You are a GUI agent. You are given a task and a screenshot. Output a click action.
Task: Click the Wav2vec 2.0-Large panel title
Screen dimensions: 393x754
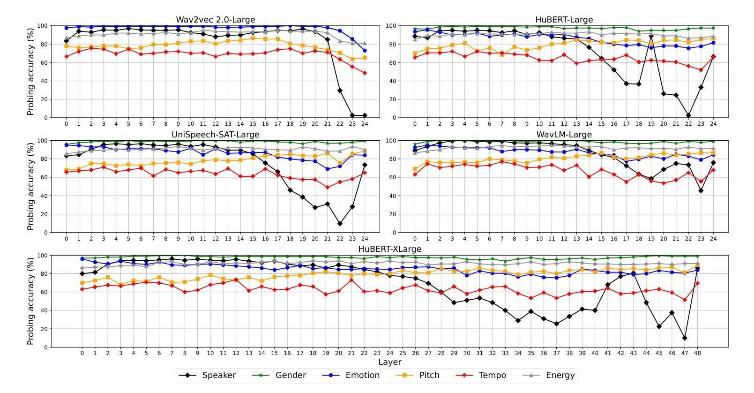[x=216, y=20]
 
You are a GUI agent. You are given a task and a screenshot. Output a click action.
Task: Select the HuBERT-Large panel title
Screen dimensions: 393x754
[x=564, y=20]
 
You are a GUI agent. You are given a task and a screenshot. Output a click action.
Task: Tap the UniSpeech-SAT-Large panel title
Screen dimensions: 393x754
[x=216, y=135]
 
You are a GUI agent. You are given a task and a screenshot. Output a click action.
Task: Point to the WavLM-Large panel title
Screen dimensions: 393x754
[x=564, y=135]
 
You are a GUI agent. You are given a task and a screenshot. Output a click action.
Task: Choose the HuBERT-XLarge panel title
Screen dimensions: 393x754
[x=390, y=249]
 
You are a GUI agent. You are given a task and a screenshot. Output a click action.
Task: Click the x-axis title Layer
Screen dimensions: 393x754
[x=390, y=362]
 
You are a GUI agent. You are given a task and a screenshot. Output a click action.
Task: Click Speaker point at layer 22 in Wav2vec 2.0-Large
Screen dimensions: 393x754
[x=340, y=91]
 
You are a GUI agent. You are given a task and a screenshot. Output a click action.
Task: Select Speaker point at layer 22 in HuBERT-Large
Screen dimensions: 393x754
[x=688, y=115]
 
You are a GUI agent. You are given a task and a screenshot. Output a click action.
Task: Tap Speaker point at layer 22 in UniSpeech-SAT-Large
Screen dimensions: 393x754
[x=340, y=224]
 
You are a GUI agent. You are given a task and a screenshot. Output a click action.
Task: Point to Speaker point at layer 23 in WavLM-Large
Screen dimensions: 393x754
[x=701, y=190]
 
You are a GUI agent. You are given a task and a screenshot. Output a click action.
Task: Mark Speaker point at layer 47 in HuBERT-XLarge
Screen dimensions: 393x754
[x=685, y=338]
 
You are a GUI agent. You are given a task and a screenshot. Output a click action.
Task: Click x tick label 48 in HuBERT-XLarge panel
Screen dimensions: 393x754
[x=697, y=354]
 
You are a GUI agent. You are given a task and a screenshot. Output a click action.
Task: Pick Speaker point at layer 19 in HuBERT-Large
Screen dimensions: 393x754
[x=651, y=36]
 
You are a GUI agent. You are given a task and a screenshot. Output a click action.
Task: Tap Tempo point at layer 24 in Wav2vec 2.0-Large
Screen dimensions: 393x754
[x=365, y=73]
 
